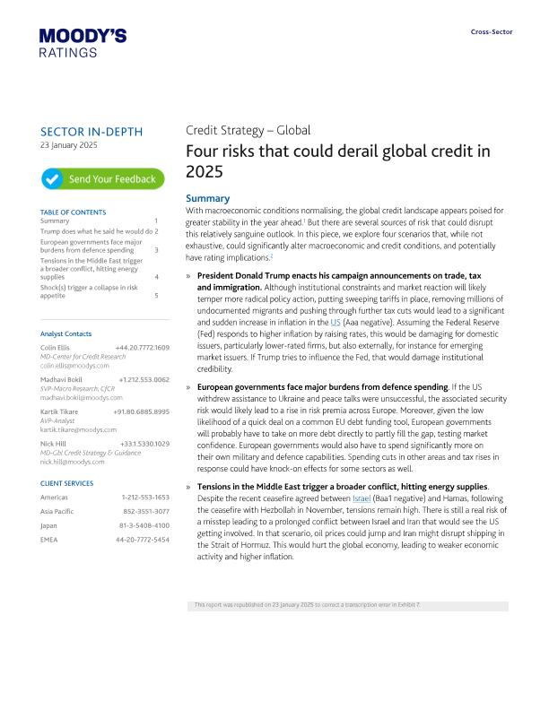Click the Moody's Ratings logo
pyautogui.click(x=83, y=43)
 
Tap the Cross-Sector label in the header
pyautogui.click(x=492, y=32)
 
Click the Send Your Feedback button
pyautogui.click(x=102, y=179)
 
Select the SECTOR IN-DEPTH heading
pyautogui.click(x=91, y=132)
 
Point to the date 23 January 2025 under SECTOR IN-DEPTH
pyautogui.click(x=69, y=145)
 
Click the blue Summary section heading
pyautogui.click(x=207, y=199)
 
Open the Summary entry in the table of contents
pyautogui.click(x=55, y=221)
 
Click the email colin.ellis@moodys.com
pyautogui.click(x=74, y=366)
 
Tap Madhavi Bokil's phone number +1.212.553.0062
pyautogui.click(x=144, y=379)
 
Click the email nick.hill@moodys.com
pyautogui.click(x=73, y=462)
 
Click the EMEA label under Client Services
pyautogui.click(x=49, y=540)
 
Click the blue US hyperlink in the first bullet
pyautogui.click(x=335, y=321)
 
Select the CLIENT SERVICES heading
pyautogui.click(x=67, y=483)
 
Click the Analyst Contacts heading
pyautogui.click(x=66, y=333)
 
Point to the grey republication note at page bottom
pyautogui.click(x=307, y=605)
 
